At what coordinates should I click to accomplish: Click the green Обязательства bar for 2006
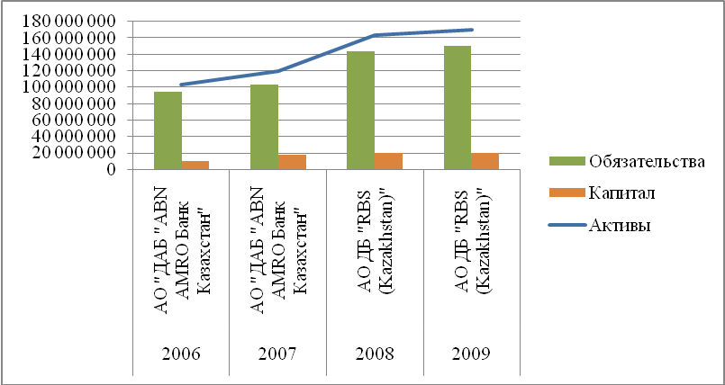point(168,130)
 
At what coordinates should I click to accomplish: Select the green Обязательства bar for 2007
point(264,127)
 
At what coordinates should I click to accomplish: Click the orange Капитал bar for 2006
point(196,165)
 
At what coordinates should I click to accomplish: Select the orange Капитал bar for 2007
point(292,162)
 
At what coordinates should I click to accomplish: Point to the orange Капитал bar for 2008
point(388,161)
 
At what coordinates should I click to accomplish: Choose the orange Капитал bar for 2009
point(484,161)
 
